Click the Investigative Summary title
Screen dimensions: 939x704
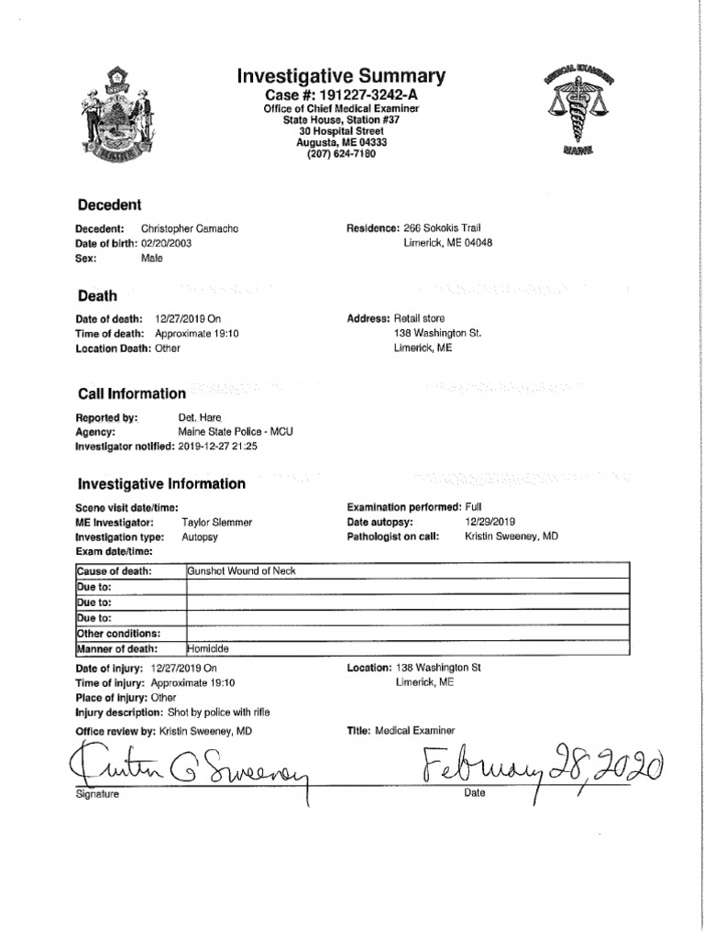341,76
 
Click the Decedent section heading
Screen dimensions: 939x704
109,204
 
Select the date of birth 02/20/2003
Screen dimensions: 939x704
166,243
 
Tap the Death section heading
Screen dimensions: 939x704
97,296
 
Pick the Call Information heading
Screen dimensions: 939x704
131,393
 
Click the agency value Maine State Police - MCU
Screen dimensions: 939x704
236,431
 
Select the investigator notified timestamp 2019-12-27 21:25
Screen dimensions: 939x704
217,446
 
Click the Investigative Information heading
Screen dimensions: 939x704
161,483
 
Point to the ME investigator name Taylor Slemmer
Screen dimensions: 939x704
216,522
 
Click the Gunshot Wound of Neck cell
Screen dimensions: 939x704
242,571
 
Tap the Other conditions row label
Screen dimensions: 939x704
119,633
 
